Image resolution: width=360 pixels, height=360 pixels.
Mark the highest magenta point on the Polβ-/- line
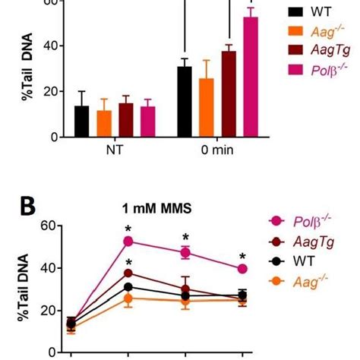coord(128,242)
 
